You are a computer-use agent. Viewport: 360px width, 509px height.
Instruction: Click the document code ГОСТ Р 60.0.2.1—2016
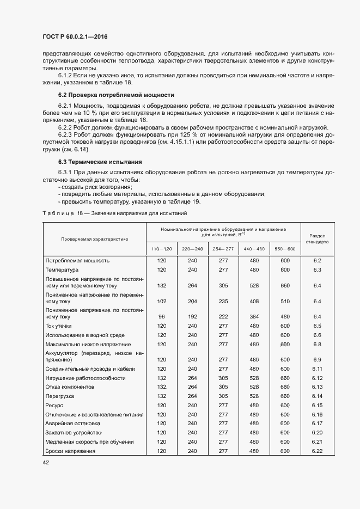[x=78, y=37]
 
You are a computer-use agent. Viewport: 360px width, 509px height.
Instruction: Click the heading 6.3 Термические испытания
[x=100, y=162]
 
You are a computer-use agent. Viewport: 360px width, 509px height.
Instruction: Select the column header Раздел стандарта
[x=318, y=238]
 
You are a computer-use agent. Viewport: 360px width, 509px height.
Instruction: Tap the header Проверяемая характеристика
[x=94, y=238]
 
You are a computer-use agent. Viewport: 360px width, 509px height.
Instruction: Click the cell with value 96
[x=161, y=316]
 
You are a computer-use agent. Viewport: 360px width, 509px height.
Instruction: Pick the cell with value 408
[x=254, y=301]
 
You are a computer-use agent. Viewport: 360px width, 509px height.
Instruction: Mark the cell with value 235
[x=223, y=301]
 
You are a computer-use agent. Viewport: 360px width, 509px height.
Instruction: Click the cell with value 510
[x=285, y=301]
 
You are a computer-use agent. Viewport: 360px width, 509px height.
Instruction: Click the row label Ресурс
[x=54, y=406]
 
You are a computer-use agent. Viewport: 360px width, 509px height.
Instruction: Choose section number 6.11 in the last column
[x=318, y=369]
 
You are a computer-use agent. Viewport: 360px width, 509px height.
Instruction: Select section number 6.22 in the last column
[x=318, y=451]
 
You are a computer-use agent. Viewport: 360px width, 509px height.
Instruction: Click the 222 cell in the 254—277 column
[x=223, y=316]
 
